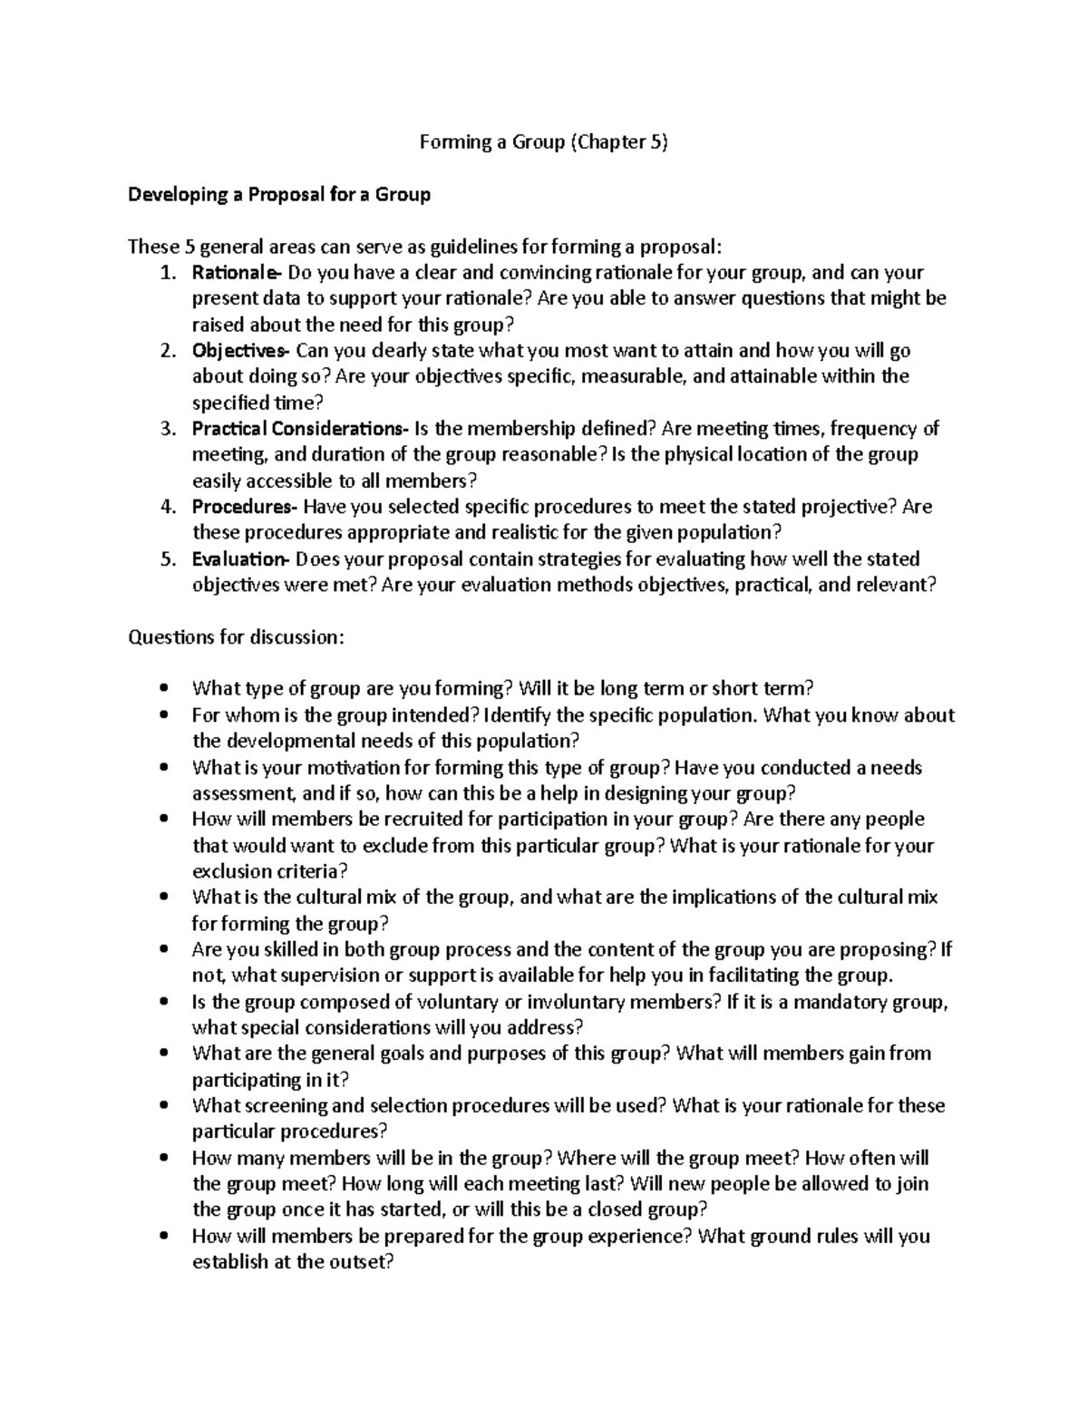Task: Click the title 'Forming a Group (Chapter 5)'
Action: [543, 142]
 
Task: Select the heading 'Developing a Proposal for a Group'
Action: [279, 195]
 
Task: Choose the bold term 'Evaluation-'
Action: [240, 559]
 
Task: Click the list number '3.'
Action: [167, 429]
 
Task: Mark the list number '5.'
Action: [167, 559]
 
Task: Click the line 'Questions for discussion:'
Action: [237, 637]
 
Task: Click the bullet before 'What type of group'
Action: [163, 689]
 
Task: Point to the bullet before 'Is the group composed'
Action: [163, 1003]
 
